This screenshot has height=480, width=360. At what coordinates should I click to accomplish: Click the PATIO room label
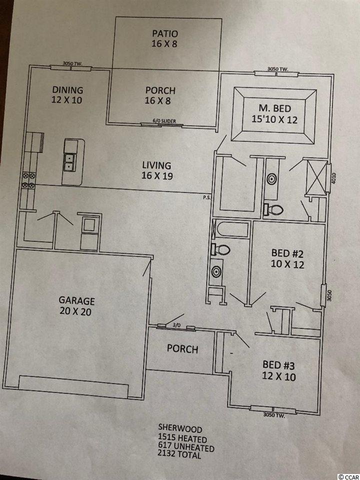164,33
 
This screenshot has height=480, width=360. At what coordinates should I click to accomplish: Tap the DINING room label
67,90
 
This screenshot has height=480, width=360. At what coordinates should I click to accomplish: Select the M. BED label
274,108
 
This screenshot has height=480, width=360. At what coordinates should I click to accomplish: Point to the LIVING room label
156,165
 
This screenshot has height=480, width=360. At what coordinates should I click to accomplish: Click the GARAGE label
76,300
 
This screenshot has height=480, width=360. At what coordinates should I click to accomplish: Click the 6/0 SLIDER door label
164,121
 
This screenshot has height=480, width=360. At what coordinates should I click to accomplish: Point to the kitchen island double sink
70,162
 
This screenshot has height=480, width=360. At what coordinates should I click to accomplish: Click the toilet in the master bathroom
273,209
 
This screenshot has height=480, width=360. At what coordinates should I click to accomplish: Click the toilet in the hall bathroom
220,249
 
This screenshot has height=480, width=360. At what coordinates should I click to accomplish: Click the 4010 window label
333,178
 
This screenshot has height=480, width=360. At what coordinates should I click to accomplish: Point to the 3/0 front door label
175,325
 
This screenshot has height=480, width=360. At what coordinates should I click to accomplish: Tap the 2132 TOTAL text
179,454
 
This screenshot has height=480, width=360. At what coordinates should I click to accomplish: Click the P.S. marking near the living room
206,197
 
